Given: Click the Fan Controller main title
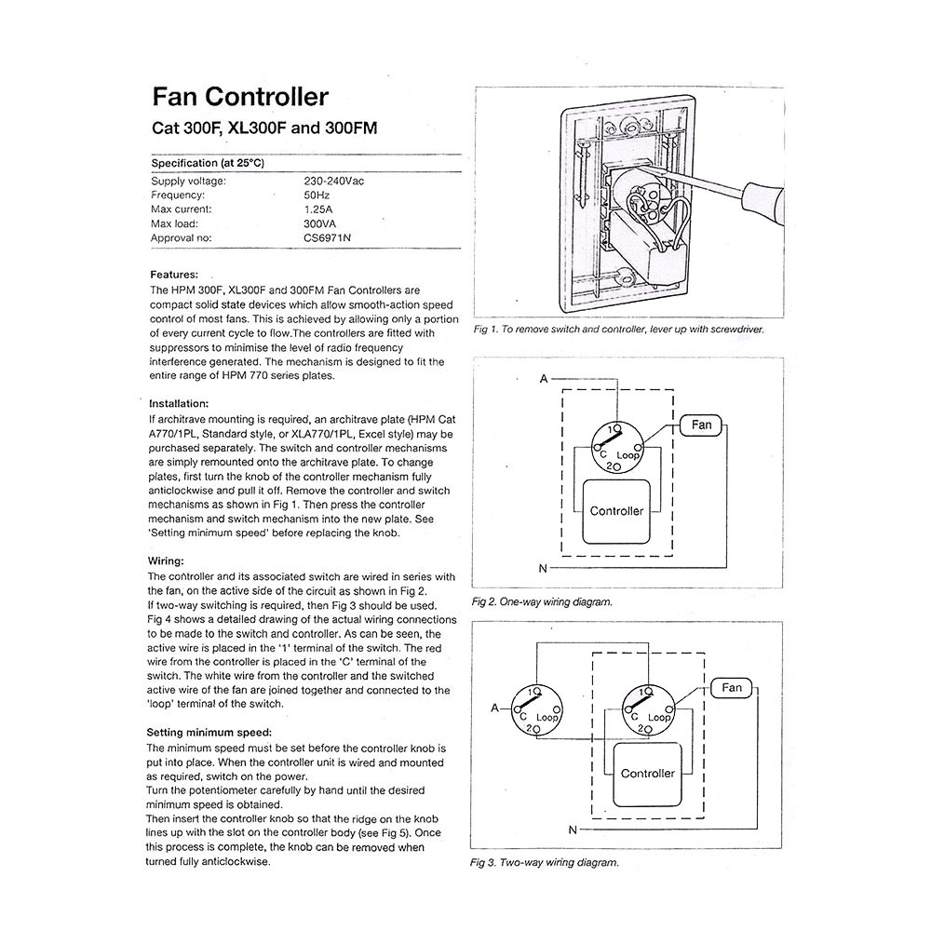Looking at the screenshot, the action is tap(239, 97).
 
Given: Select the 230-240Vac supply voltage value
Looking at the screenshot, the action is tap(334, 182).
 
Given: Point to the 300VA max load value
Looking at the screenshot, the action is tap(321, 223).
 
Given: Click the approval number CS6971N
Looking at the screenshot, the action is tap(328, 238).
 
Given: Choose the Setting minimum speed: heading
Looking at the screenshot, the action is tap(209, 733).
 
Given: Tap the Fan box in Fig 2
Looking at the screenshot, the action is tap(701, 425).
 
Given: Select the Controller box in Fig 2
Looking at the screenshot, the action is tap(616, 511).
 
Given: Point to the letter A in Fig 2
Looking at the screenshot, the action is tap(543, 379).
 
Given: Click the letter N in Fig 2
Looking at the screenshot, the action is tap(543, 567).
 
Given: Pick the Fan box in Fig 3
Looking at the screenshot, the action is tap(732, 688).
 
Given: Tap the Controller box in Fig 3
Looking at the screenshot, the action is tap(648, 774).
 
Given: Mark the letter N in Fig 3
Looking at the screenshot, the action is tap(572, 829).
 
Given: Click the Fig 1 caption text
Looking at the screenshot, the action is tap(618, 331).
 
